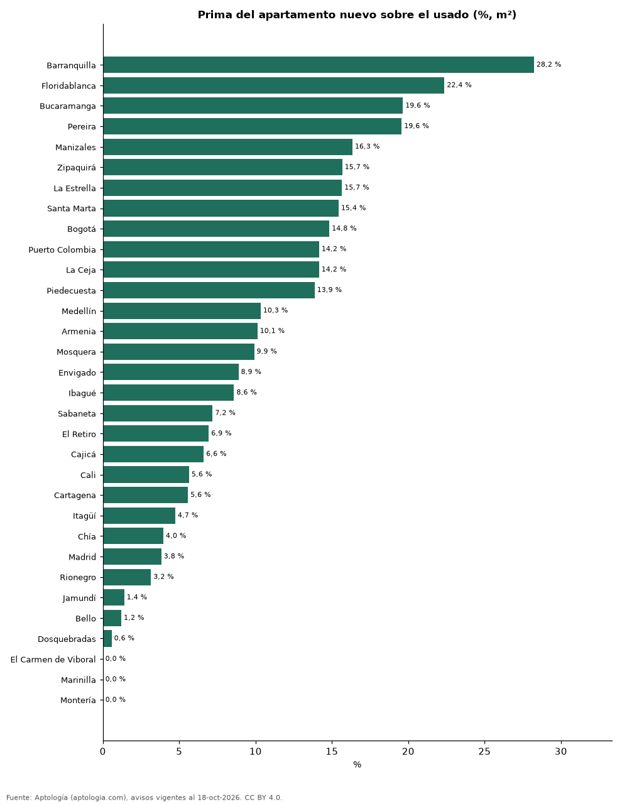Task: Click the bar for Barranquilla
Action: (x=318, y=65)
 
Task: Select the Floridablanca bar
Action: (x=273, y=85)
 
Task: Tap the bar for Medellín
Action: (x=182, y=310)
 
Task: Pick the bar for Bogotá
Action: (x=216, y=229)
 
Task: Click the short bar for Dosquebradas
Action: (x=107, y=638)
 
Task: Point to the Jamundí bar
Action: (x=114, y=597)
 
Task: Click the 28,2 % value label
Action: (x=548, y=64)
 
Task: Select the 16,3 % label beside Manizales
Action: (x=367, y=146)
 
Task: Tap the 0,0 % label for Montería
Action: (x=116, y=699)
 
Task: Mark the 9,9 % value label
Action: (x=267, y=351)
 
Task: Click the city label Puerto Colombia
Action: (x=62, y=250)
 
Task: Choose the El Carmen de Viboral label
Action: (x=53, y=660)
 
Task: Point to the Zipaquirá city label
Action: (x=77, y=168)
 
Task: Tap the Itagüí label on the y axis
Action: (x=84, y=516)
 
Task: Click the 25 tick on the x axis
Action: (x=484, y=751)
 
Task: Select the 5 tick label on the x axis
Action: (x=179, y=751)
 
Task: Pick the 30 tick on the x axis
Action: (x=561, y=751)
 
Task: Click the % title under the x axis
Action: (x=357, y=764)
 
